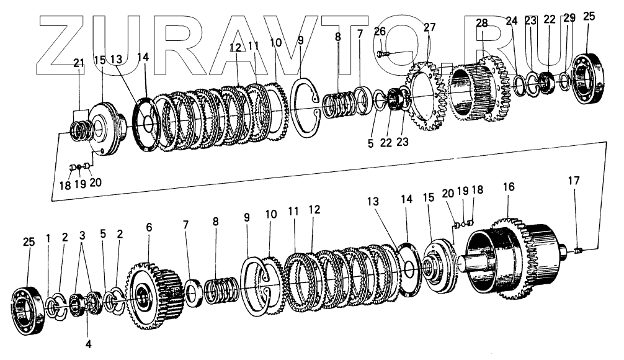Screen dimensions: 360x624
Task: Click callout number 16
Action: point(509,186)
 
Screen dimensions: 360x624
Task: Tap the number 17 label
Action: point(574,181)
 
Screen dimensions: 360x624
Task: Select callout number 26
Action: point(380,31)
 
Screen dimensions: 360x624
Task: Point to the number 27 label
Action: point(430,27)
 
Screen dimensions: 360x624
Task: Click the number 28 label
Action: point(482,23)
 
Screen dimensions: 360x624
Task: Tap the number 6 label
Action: point(148,228)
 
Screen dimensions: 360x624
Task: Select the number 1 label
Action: point(48,238)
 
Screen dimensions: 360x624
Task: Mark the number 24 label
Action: point(511,20)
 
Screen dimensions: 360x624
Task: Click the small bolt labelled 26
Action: point(383,54)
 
